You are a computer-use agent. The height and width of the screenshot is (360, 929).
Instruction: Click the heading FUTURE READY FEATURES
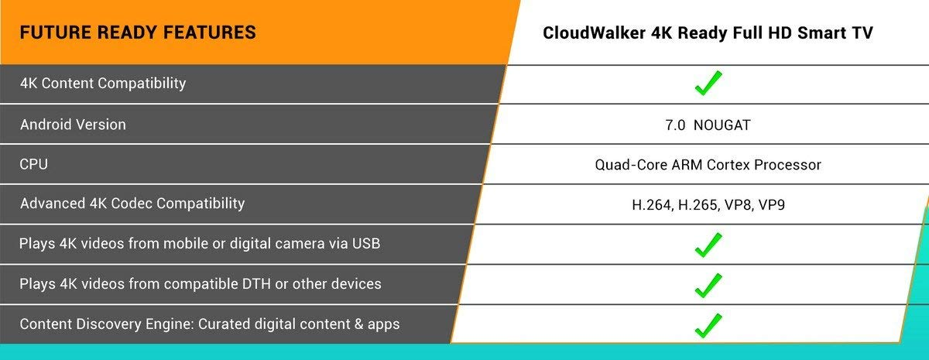pyautogui.click(x=138, y=33)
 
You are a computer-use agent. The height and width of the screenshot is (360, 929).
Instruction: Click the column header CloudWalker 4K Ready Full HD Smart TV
pyautogui.click(x=708, y=33)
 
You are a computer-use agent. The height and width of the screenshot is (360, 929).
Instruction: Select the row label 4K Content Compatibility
pyautogui.click(x=103, y=84)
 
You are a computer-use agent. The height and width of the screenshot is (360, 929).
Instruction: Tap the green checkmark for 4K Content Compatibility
pyautogui.click(x=708, y=83)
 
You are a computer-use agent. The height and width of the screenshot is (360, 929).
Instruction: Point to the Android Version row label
pyautogui.click(x=73, y=125)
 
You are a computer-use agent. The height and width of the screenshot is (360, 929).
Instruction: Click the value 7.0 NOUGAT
pyautogui.click(x=708, y=125)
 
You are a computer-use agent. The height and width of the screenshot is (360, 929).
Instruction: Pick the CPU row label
pyautogui.click(x=33, y=164)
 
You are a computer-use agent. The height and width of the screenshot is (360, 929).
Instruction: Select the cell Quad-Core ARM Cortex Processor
pyautogui.click(x=708, y=165)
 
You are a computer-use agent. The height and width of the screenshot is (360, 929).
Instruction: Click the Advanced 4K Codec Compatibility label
pyautogui.click(x=132, y=204)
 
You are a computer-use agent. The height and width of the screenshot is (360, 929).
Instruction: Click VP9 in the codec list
pyautogui.click(x=771, y=205)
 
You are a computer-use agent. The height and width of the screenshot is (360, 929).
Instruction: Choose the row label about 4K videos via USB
pyautogui.click(x=200, y=243)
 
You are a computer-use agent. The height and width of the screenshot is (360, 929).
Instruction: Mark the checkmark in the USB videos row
pyautogui.click(x=708, y=245)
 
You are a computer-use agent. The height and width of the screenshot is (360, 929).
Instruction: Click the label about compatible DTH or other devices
pyautogui.click(x=201, y=283)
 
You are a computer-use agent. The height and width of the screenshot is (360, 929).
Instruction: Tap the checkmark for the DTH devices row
pyautogui.click(x=708, y=286)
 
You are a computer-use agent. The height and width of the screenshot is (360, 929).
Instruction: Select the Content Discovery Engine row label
pyautogui.click(x=210, y=324)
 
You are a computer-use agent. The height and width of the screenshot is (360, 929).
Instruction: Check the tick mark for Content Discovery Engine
pyautogui.click(x=708, y=326)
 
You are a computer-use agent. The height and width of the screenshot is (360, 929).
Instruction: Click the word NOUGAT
pyautogui.click(x=722, y=125)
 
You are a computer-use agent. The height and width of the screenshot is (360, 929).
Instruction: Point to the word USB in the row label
pyautogui.click(x=366, y=243)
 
